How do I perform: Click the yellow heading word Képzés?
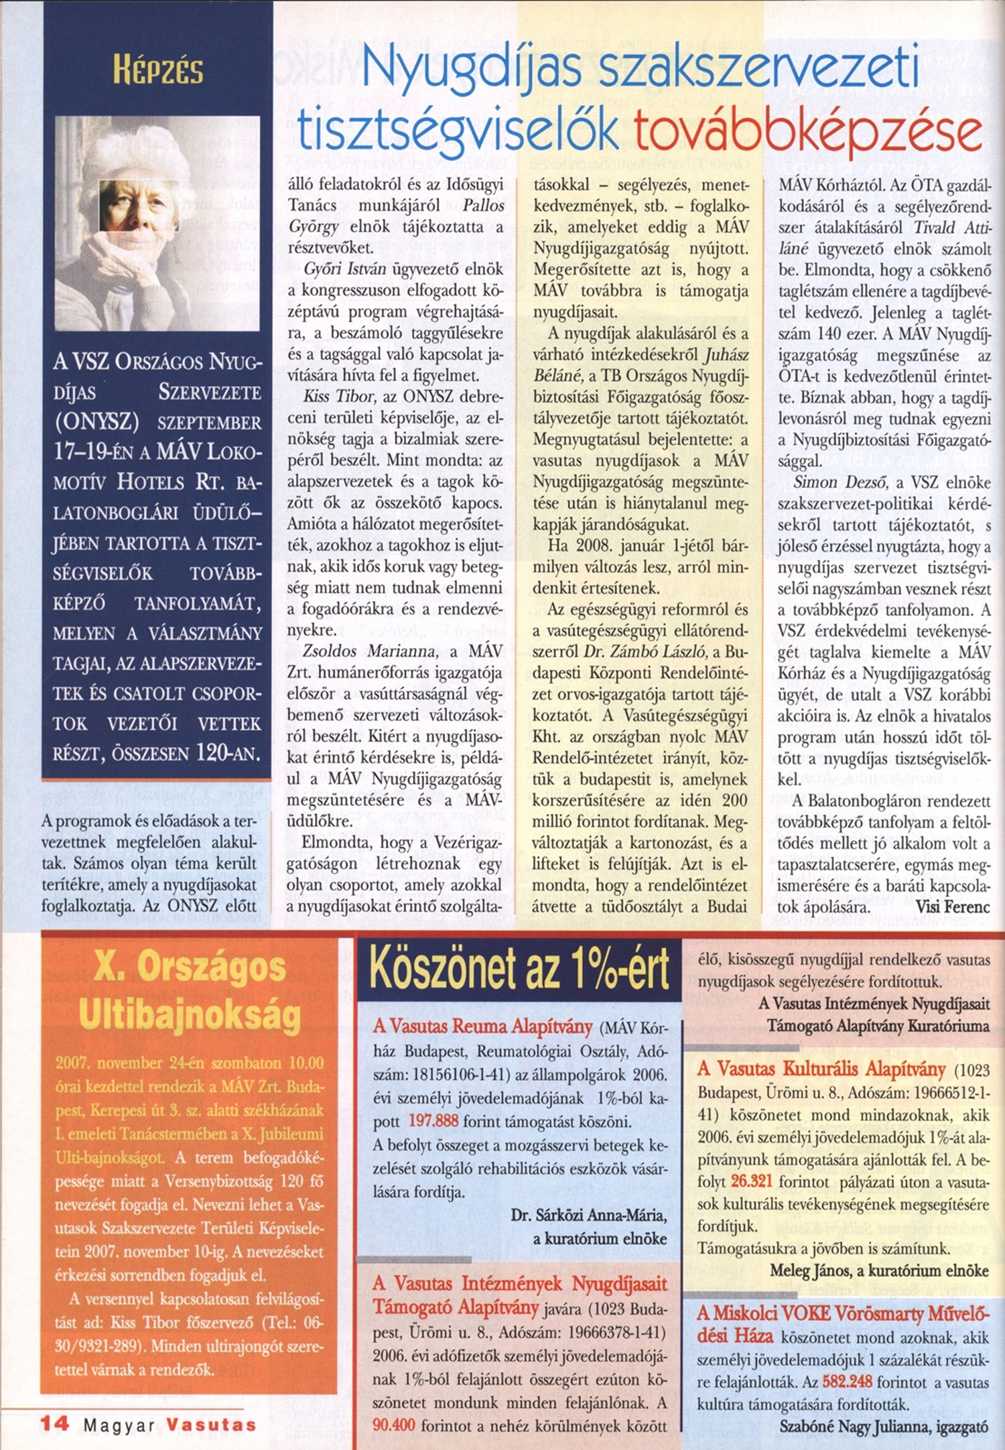(158, 70)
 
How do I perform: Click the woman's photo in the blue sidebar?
(157, 223)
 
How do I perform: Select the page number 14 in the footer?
(54, 1423)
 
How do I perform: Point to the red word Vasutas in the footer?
(211, 1425)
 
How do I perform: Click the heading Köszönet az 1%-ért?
(519, 969)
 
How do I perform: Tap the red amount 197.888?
(433, 1121)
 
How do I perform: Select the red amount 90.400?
(394, 1425)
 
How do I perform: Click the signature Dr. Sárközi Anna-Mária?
(588, 1215)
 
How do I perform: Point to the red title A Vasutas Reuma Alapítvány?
(483, 1027)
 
